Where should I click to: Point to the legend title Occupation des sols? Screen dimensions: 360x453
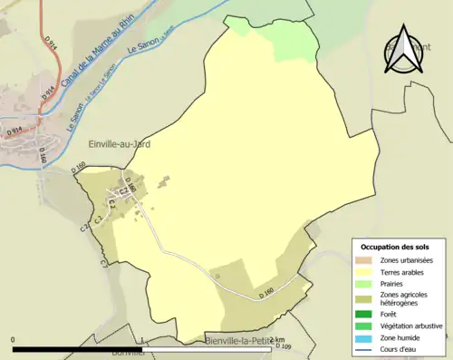point(397,247)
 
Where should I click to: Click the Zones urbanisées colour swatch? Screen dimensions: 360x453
point(366,260)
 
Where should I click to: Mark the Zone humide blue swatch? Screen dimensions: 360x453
point(366,337)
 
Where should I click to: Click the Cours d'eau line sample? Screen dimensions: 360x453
point(366,348)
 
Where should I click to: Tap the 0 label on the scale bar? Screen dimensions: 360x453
point(14,340)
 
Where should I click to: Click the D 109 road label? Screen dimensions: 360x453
point(282,347)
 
